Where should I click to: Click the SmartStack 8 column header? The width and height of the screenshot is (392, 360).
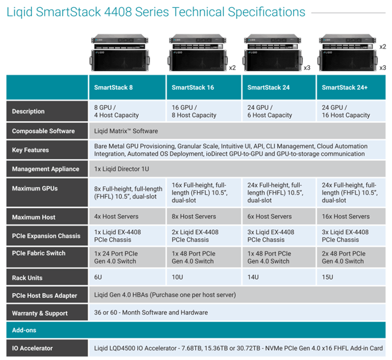(113, 87)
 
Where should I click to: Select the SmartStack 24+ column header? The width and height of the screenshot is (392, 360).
(344, 87)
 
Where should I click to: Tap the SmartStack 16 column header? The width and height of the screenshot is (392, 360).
(193, 87)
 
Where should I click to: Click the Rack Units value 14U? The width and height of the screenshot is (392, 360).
(253, 277)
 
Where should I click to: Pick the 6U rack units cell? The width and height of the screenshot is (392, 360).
(98, 277)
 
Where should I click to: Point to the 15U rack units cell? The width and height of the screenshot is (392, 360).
(327, 277)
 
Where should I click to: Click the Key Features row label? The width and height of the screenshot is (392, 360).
(30, 150)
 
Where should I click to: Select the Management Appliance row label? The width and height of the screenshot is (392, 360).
(45, 169)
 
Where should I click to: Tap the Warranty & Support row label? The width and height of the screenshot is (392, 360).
(40, 313)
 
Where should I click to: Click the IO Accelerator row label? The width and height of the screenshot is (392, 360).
(32, 349)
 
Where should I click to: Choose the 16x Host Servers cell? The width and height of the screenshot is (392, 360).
(346, 216)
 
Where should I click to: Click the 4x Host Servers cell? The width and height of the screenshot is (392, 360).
(116, 216)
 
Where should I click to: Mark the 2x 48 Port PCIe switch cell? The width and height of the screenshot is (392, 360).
(344, 257)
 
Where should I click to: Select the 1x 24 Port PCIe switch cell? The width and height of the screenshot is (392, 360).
(116, 257)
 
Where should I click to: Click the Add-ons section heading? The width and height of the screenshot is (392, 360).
(24, 330)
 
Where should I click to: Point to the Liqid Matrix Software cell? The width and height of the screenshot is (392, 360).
(126, 131)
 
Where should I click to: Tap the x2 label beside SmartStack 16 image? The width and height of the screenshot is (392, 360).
(233, 68)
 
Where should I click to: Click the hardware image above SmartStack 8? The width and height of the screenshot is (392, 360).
(120, 52)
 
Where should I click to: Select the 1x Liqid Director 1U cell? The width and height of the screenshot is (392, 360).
(121, 169)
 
